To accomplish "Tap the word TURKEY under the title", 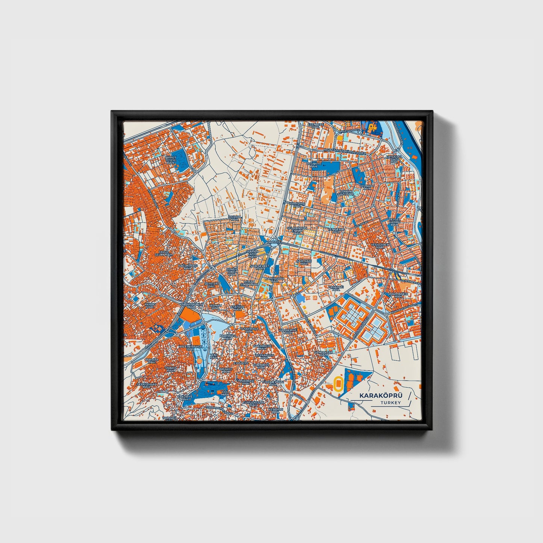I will click(390, 403).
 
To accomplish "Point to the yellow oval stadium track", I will click(339, 384).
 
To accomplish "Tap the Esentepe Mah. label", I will click(316, 126).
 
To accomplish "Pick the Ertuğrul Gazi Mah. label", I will click(394, 159).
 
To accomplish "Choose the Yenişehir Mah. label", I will click(334, 230).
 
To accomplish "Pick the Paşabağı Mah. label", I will click(334, 288).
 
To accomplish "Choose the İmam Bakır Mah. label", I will click(398, 295).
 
